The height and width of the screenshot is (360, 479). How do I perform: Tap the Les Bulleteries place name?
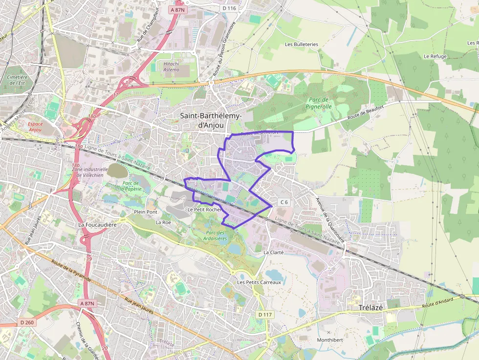[x=302, y=44]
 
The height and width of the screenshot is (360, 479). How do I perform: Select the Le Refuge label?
[x=435, y=57]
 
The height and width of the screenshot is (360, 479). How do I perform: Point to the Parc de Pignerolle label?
[x=319, y=103]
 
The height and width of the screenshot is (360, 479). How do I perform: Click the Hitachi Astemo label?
[x=171, y=67]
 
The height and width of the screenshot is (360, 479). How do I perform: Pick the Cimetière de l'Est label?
[x=17, y=80]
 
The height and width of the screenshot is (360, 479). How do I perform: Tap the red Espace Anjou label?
[x=35, y=127]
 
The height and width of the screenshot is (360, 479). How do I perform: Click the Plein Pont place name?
[x=146, y=212]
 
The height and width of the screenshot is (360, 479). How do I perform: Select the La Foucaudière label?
[x=97, y=225]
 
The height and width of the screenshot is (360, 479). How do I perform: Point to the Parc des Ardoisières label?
[x=217, y=235]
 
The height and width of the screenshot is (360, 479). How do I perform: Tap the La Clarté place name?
[x=273, y=253]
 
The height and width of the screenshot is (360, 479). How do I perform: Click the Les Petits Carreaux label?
[x=259, y=282]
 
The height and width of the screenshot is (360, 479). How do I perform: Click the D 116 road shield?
[x=229, y=8]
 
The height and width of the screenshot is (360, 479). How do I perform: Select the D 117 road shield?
[x=264, y=314]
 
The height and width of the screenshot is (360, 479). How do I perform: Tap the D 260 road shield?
[x=27, y=322]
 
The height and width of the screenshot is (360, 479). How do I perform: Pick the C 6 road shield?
[x=284, y=202]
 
